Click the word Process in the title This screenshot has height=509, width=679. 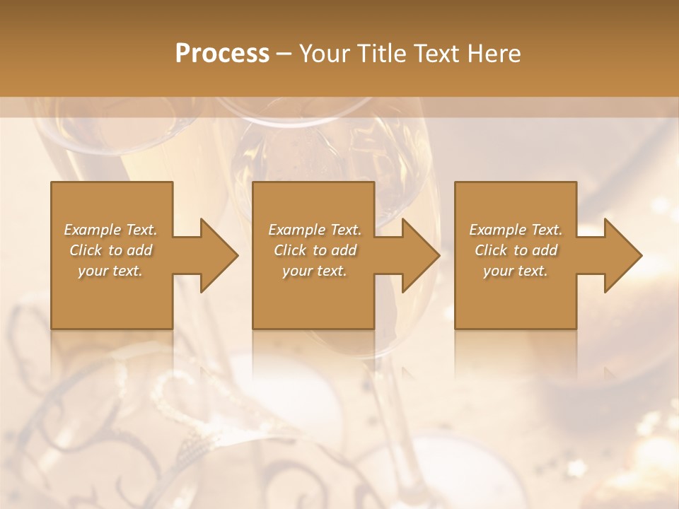pos(222,54)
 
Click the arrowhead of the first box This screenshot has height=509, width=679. pos(219,255)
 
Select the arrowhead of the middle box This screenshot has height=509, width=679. pos(421,255)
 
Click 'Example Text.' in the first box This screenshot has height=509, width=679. pos(111,230)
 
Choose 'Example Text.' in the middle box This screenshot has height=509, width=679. pos(315,230)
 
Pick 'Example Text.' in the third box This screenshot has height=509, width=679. pos(516,230)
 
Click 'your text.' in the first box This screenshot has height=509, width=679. pos(110,271)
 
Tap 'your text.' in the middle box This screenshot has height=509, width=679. pos(315,271)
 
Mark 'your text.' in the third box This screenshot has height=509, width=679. pos(516,271)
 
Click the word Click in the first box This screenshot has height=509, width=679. pos(86,250)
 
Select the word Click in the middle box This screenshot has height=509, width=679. pos(290,250)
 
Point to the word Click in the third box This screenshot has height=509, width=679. pos(491,250)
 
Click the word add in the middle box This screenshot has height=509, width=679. pos(344,250)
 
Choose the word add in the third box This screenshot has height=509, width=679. pos(545,250)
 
